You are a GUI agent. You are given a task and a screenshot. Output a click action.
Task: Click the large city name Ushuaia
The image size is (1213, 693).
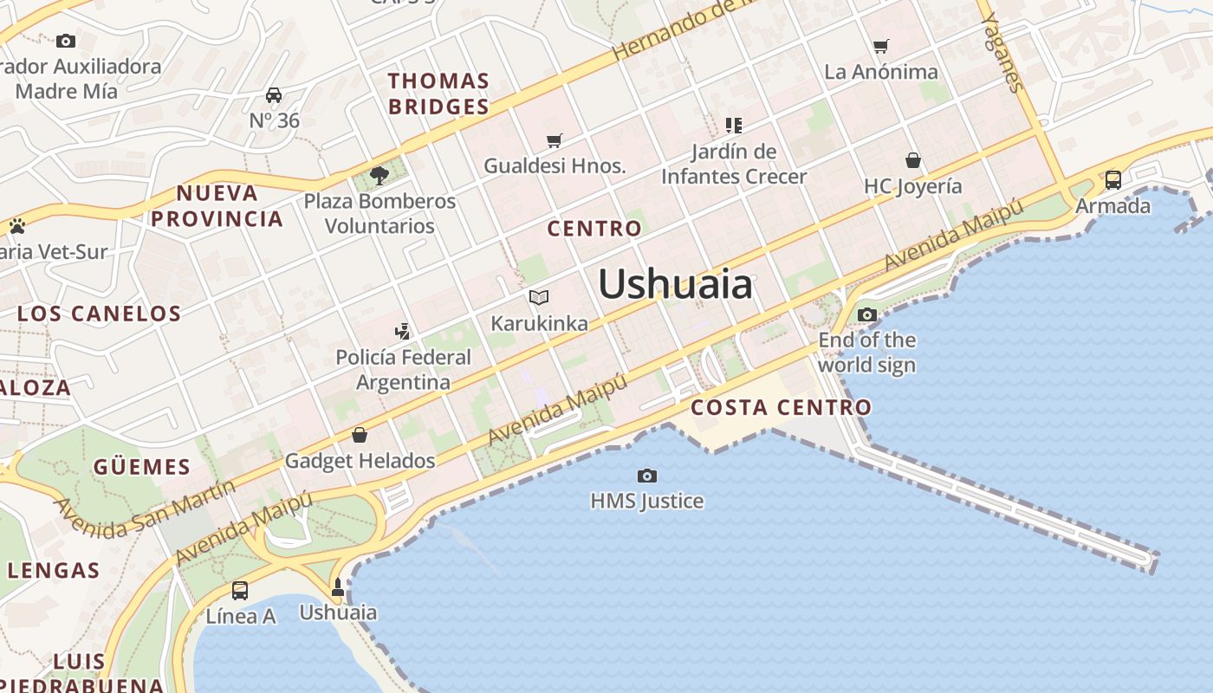675,284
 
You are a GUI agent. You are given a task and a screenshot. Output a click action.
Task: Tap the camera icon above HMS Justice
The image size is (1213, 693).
646,476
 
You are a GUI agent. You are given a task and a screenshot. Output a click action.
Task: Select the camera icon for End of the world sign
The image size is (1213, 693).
866,314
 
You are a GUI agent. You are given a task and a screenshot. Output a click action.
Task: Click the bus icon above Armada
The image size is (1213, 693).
1112,180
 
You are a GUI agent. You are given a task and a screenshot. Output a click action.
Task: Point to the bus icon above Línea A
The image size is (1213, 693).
240,591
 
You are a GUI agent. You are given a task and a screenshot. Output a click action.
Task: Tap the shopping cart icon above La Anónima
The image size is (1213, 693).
881,46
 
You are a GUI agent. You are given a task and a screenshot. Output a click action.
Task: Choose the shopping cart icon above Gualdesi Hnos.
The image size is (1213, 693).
555,140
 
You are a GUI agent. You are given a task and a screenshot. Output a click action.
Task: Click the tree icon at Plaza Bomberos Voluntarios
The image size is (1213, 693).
379,176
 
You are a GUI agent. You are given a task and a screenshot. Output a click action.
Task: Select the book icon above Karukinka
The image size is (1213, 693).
539,298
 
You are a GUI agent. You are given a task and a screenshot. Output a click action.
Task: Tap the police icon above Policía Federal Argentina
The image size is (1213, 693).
402,330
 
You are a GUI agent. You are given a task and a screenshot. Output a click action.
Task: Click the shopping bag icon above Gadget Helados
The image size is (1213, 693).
360,434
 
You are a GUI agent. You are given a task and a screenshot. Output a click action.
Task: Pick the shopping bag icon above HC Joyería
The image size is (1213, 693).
912,160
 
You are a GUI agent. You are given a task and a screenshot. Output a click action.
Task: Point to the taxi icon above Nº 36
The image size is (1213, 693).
274,94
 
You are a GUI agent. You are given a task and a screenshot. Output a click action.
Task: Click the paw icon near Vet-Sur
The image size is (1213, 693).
17,226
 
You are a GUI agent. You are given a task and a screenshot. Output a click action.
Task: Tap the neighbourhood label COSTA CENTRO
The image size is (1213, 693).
781,407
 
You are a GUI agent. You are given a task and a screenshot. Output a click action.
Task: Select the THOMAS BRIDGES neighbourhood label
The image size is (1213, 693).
438,94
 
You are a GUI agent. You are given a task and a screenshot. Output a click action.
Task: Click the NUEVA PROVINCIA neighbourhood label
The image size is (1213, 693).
217,205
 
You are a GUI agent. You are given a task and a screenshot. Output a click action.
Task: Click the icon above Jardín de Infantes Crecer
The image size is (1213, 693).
734,126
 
